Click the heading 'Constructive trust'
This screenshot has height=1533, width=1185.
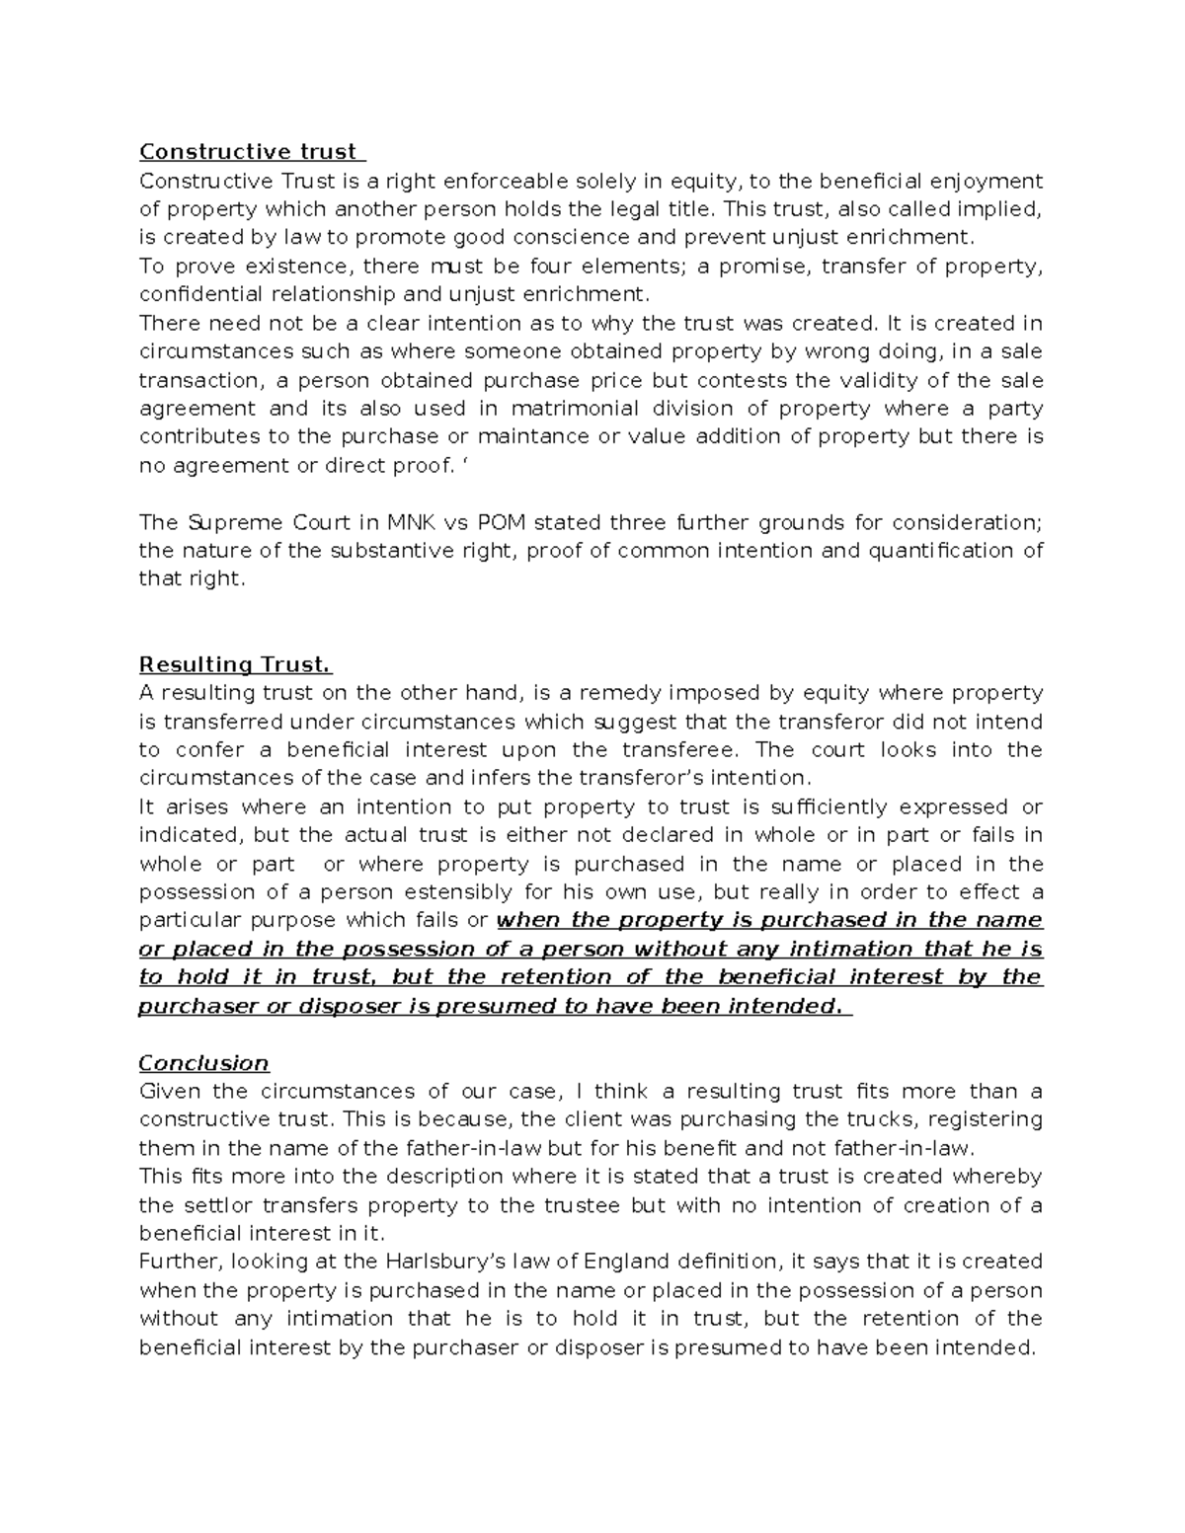point(248,152)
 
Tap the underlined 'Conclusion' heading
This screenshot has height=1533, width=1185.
point(203,1063)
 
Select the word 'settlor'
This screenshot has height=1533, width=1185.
point(211,1205)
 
